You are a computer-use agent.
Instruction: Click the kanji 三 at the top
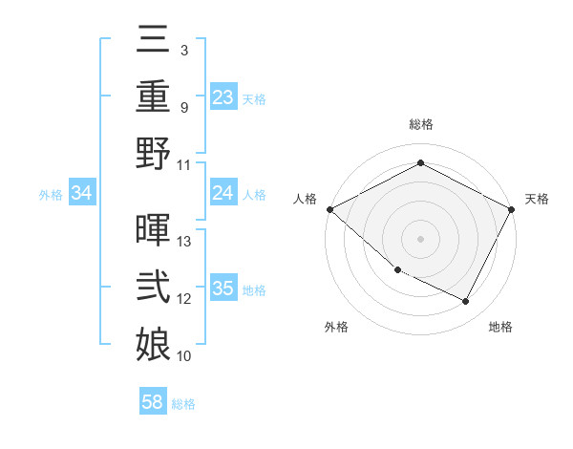click(x=153, y=40)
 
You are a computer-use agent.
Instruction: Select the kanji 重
click(x=153, y=96)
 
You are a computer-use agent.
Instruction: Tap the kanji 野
click(x=153, y=154)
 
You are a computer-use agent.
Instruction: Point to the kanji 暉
click(x=153, y=230)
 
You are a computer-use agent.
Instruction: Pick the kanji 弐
click(x=153, y=289)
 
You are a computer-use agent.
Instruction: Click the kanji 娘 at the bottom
click(x=153, y=345)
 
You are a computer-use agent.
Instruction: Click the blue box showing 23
click(x=223, y=97)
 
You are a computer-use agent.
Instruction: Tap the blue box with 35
click(x=223, y=289)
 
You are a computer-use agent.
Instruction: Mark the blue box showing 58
click(x=153, y=402)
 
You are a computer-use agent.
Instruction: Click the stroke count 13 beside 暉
click(x=185, y=242)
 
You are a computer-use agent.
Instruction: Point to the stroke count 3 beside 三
click(x=183, y=49)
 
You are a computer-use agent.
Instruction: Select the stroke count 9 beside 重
click(x=183, y=107)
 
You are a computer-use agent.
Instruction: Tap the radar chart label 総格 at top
click(x=421, y=124)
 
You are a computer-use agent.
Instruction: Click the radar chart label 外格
click(x=336, y=328)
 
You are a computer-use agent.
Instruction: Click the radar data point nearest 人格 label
click(x=329, y=209)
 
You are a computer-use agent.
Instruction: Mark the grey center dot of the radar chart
click(x=420, y=239)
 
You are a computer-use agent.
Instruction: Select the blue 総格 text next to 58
click(x=183, y=404)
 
